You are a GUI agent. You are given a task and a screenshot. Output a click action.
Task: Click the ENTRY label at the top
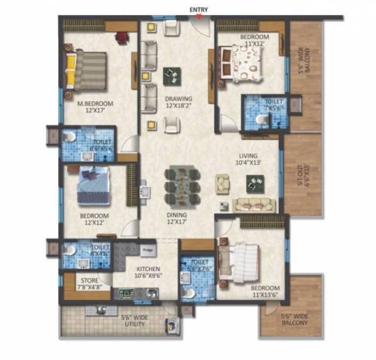pyautogui.click(x=199, y=9)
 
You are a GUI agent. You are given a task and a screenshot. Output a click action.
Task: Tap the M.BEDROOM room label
pyautogui.click(x=95, y=103)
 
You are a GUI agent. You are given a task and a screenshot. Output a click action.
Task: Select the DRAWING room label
pyautogui.click(x=178, y=98)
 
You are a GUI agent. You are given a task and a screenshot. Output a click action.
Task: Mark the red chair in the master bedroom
pyautogui.click(x=122, y=36)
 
